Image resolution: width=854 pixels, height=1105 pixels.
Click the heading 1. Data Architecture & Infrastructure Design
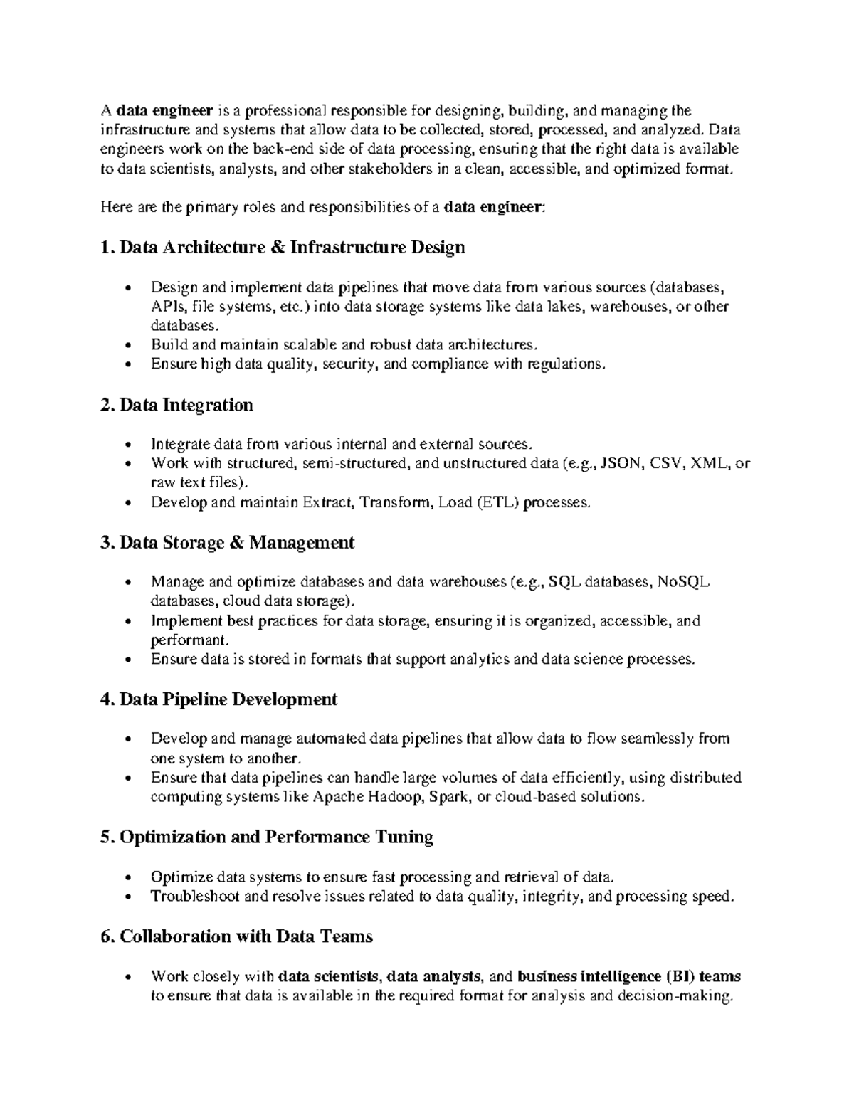tap(283, 248)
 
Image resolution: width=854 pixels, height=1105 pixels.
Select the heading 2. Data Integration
tap(177, 405)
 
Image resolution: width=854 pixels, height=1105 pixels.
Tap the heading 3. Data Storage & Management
tap(228, 543)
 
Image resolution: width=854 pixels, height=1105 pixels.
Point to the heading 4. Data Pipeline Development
tap(219, 699)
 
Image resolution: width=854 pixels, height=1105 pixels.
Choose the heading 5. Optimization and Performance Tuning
tap(267, 837)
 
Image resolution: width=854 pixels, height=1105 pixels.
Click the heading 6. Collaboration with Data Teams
tap(237, 936)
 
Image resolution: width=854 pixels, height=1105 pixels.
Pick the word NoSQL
tap(683, 583)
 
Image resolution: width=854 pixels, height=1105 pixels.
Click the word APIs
tap(165, 307)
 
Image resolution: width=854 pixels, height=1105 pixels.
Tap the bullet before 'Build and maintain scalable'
tap(128, 346)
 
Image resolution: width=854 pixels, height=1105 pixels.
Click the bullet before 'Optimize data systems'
tap(128, 878)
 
